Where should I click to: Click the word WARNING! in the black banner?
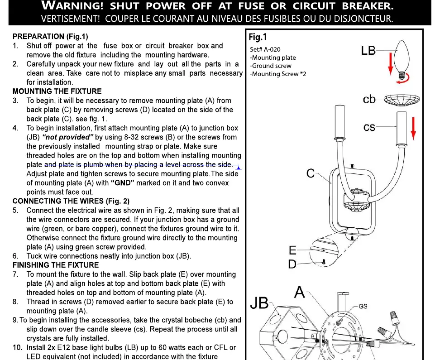pyautogui.click(x=72, y=5)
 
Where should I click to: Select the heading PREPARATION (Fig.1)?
pyautogui.click(x=50, y=36)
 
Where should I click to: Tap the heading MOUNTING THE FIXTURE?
pyautogui.click(x=57, y=91)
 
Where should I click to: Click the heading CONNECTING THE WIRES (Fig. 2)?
pyautogui.click(x=71, y=201)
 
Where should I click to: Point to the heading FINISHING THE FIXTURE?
pyautogui.click(x=56, y=265)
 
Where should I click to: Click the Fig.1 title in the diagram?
pyautogui.click(x=258, y=37)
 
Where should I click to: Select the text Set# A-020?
pyautogui.click(x=265, y=49)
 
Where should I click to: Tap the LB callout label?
pyautogui.click(x=368, y=51)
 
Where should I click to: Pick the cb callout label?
pyautogui.click(x=369, y=99)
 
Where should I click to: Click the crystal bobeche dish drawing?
pyautogui.click(x=402, y=100)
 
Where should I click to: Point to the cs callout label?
pyautogui.click(x=369, y=127)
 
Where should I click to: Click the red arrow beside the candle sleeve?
pyautogui.click(x=413, y=129)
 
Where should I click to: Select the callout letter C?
pyautogui.click(x=311, y=173)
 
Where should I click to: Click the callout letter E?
pyautogui.click(x=293, y=250)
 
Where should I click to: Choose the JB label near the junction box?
pyautogui.click(x=259, y=303)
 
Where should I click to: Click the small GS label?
pyautogui.click(x=363, y=306)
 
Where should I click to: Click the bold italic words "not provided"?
pyautogui.click(x=68, y=137)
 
